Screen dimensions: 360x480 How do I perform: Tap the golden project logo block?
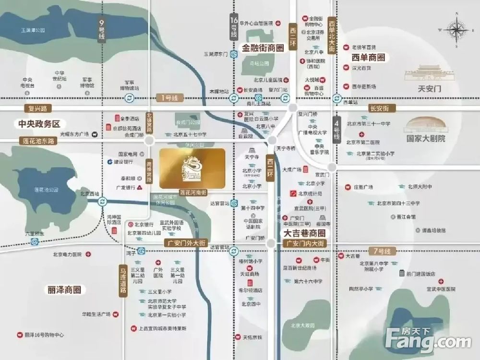pyautogui.click(x=192, y=168)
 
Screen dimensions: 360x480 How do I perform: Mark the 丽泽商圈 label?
pyautogui.click(x=64, y=290)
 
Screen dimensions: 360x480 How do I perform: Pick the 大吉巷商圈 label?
pyautogui.click(x=303, y=233)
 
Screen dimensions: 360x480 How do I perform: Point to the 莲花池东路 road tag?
pyautogui.click(x=39, y=140)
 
